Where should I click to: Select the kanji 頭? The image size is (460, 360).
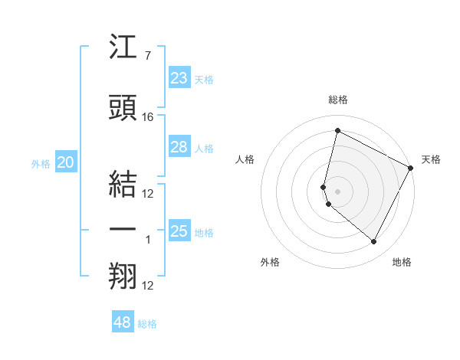tap(123, 108)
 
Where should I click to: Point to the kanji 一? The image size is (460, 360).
tap(123, 229)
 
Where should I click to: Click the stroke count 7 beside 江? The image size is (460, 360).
tap(147, 57)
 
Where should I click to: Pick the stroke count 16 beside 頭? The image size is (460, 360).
tap(148, 117)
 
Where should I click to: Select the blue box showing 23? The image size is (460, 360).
tap(179, 77)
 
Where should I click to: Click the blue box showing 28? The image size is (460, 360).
tap(179, 147)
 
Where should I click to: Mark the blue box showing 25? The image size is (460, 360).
tap(179, 231)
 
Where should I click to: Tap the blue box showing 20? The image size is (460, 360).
tap(66, 162)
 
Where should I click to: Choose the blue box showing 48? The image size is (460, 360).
tap(123, 322)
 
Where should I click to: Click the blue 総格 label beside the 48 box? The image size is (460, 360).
tap(147, 324)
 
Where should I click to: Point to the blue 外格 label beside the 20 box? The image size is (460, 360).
tap(41, 163)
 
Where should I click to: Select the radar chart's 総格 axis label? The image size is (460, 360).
tap(337, 100)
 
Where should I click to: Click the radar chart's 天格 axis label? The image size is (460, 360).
tap(431, 159)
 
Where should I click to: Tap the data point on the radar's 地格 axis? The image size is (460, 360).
tap(373, 242)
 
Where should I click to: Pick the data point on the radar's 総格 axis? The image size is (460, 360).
tap(337, 131)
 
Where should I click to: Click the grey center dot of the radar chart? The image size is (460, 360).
tap(337, 191)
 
